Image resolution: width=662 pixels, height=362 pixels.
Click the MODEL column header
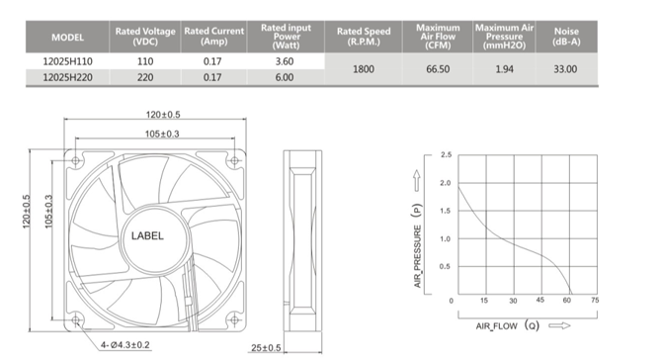pyautogui.click(x=67, y=38)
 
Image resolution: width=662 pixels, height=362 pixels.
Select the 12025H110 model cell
pyautogui.click(x=67, y=61)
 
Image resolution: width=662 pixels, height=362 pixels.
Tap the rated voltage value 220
pyautogui.click(x=145, y=78)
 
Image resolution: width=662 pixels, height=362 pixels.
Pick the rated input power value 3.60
pyautogui.click(x=285, y=61)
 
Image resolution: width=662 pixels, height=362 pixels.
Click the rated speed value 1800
pyautogui.click(x=364, y=69)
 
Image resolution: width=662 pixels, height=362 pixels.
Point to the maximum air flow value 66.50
pyautogui.click(x=438, y=69)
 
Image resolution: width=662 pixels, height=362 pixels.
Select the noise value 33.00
pyautogui.click(x=565, y=69)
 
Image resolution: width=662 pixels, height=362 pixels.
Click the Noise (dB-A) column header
pyautogui.click(x=566, y=37)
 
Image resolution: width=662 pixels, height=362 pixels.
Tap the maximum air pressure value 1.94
pyautogui.click(x=505, y=69)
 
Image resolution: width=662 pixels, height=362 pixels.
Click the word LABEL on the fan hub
pyautogui.click(x=147, y=235)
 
